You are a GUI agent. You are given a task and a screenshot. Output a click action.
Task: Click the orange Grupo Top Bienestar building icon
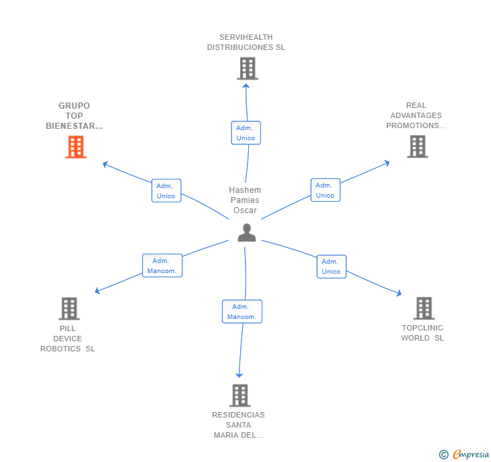click(x=76, y=147)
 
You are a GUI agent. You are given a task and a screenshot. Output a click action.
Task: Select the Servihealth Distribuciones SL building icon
click(x=248, y=68)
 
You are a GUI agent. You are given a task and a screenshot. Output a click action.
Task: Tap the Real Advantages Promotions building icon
click(x=417, y=146)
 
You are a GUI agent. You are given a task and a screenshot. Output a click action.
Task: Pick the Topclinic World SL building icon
click(x=424, y=308)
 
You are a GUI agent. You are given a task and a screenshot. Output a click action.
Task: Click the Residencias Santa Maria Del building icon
click(x=239, y=395)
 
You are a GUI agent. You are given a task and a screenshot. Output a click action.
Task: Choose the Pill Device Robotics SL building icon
click(x=69, y=308)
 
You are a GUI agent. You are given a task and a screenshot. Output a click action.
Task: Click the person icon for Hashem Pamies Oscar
click(x=247, y=233)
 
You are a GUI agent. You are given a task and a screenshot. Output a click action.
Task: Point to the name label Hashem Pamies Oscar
click(x=245, y=200)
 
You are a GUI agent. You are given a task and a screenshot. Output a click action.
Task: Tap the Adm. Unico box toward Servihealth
click(x=246, y=133)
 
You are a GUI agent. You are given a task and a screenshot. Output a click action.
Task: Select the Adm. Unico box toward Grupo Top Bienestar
click(x=166, y=191)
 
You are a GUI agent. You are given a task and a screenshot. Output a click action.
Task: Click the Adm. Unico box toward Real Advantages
click(x=325, y=190)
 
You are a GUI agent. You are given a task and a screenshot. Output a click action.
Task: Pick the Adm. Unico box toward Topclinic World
click(x=331, y=266)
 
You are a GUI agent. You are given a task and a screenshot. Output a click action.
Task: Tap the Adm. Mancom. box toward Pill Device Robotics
click(x=162, y=266)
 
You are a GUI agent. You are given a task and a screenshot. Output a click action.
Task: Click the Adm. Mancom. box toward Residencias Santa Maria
click(x=241, y=312)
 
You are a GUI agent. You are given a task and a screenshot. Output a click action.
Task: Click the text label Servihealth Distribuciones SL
click(x=246, y=42)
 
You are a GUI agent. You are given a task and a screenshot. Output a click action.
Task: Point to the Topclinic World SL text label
click(x=423, y=333)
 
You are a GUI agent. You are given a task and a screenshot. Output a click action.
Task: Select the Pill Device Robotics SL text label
click(x=68, y=339)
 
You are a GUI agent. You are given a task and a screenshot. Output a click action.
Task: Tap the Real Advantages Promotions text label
click(x=416, y=115)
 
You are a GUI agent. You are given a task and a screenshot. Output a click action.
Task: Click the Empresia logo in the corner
click(x=465, y=455)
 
